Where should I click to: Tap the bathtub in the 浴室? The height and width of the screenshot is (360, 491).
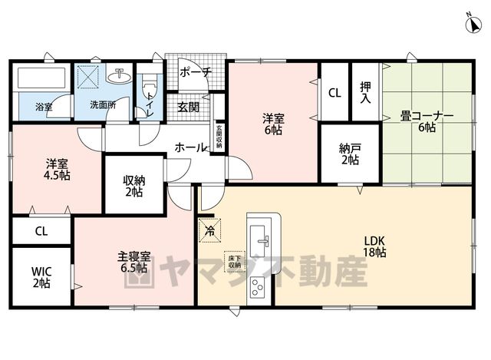click(41, 78)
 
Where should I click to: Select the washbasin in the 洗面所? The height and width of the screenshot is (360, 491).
click(119, 75)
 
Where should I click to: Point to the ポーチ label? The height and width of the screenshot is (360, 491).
click(196, 72)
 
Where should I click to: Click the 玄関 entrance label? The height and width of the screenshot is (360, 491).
click(189, 107)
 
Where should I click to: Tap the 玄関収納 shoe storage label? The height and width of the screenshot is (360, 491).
click(219, 137)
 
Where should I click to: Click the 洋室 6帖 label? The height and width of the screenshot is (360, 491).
click(273, 124)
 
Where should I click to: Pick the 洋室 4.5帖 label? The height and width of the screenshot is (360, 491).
click(57, 170)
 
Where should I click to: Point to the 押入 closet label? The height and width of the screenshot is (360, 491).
click(365, 92)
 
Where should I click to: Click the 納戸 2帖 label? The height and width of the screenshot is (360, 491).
click(350, 154)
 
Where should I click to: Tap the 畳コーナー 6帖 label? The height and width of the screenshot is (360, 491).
click(427, 122)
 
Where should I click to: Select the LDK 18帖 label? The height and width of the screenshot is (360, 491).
click(374, 246)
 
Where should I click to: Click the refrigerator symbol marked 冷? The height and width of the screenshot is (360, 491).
click(209, 231)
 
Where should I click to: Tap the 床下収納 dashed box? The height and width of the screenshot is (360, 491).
click(235, 262)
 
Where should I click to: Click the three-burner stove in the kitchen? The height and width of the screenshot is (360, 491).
click(258, 286)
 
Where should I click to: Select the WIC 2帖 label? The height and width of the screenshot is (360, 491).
click(41, 277)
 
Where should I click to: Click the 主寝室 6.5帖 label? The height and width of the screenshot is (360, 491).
click(134, 263)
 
